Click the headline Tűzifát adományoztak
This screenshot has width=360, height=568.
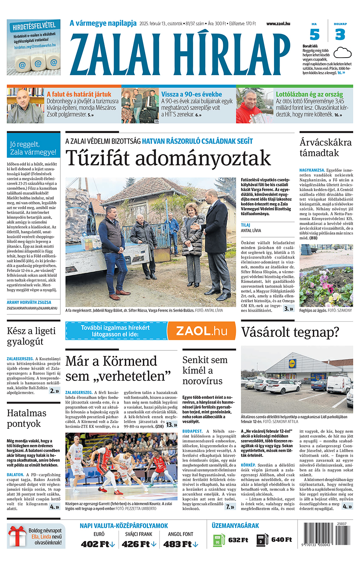click(x=168, y=158)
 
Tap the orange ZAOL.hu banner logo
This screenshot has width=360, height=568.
click(x=202, y=331)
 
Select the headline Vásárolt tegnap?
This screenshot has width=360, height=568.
click(x=290, y=332)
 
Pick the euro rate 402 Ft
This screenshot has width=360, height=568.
click(x=95, y=544)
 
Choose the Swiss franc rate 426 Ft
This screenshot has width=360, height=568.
click(x=136, y=544)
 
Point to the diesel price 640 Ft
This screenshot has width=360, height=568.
click(x=282, y=540)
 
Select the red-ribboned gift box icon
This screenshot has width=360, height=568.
click(x=17, y=537)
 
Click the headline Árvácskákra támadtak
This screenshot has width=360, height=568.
click(x=326, y=148)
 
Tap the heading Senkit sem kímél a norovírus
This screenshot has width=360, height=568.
click(x=205, y=370)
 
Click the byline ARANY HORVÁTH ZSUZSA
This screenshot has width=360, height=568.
click(x=29, y=302)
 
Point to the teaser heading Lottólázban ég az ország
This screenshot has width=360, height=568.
click(x=309, y=94)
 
